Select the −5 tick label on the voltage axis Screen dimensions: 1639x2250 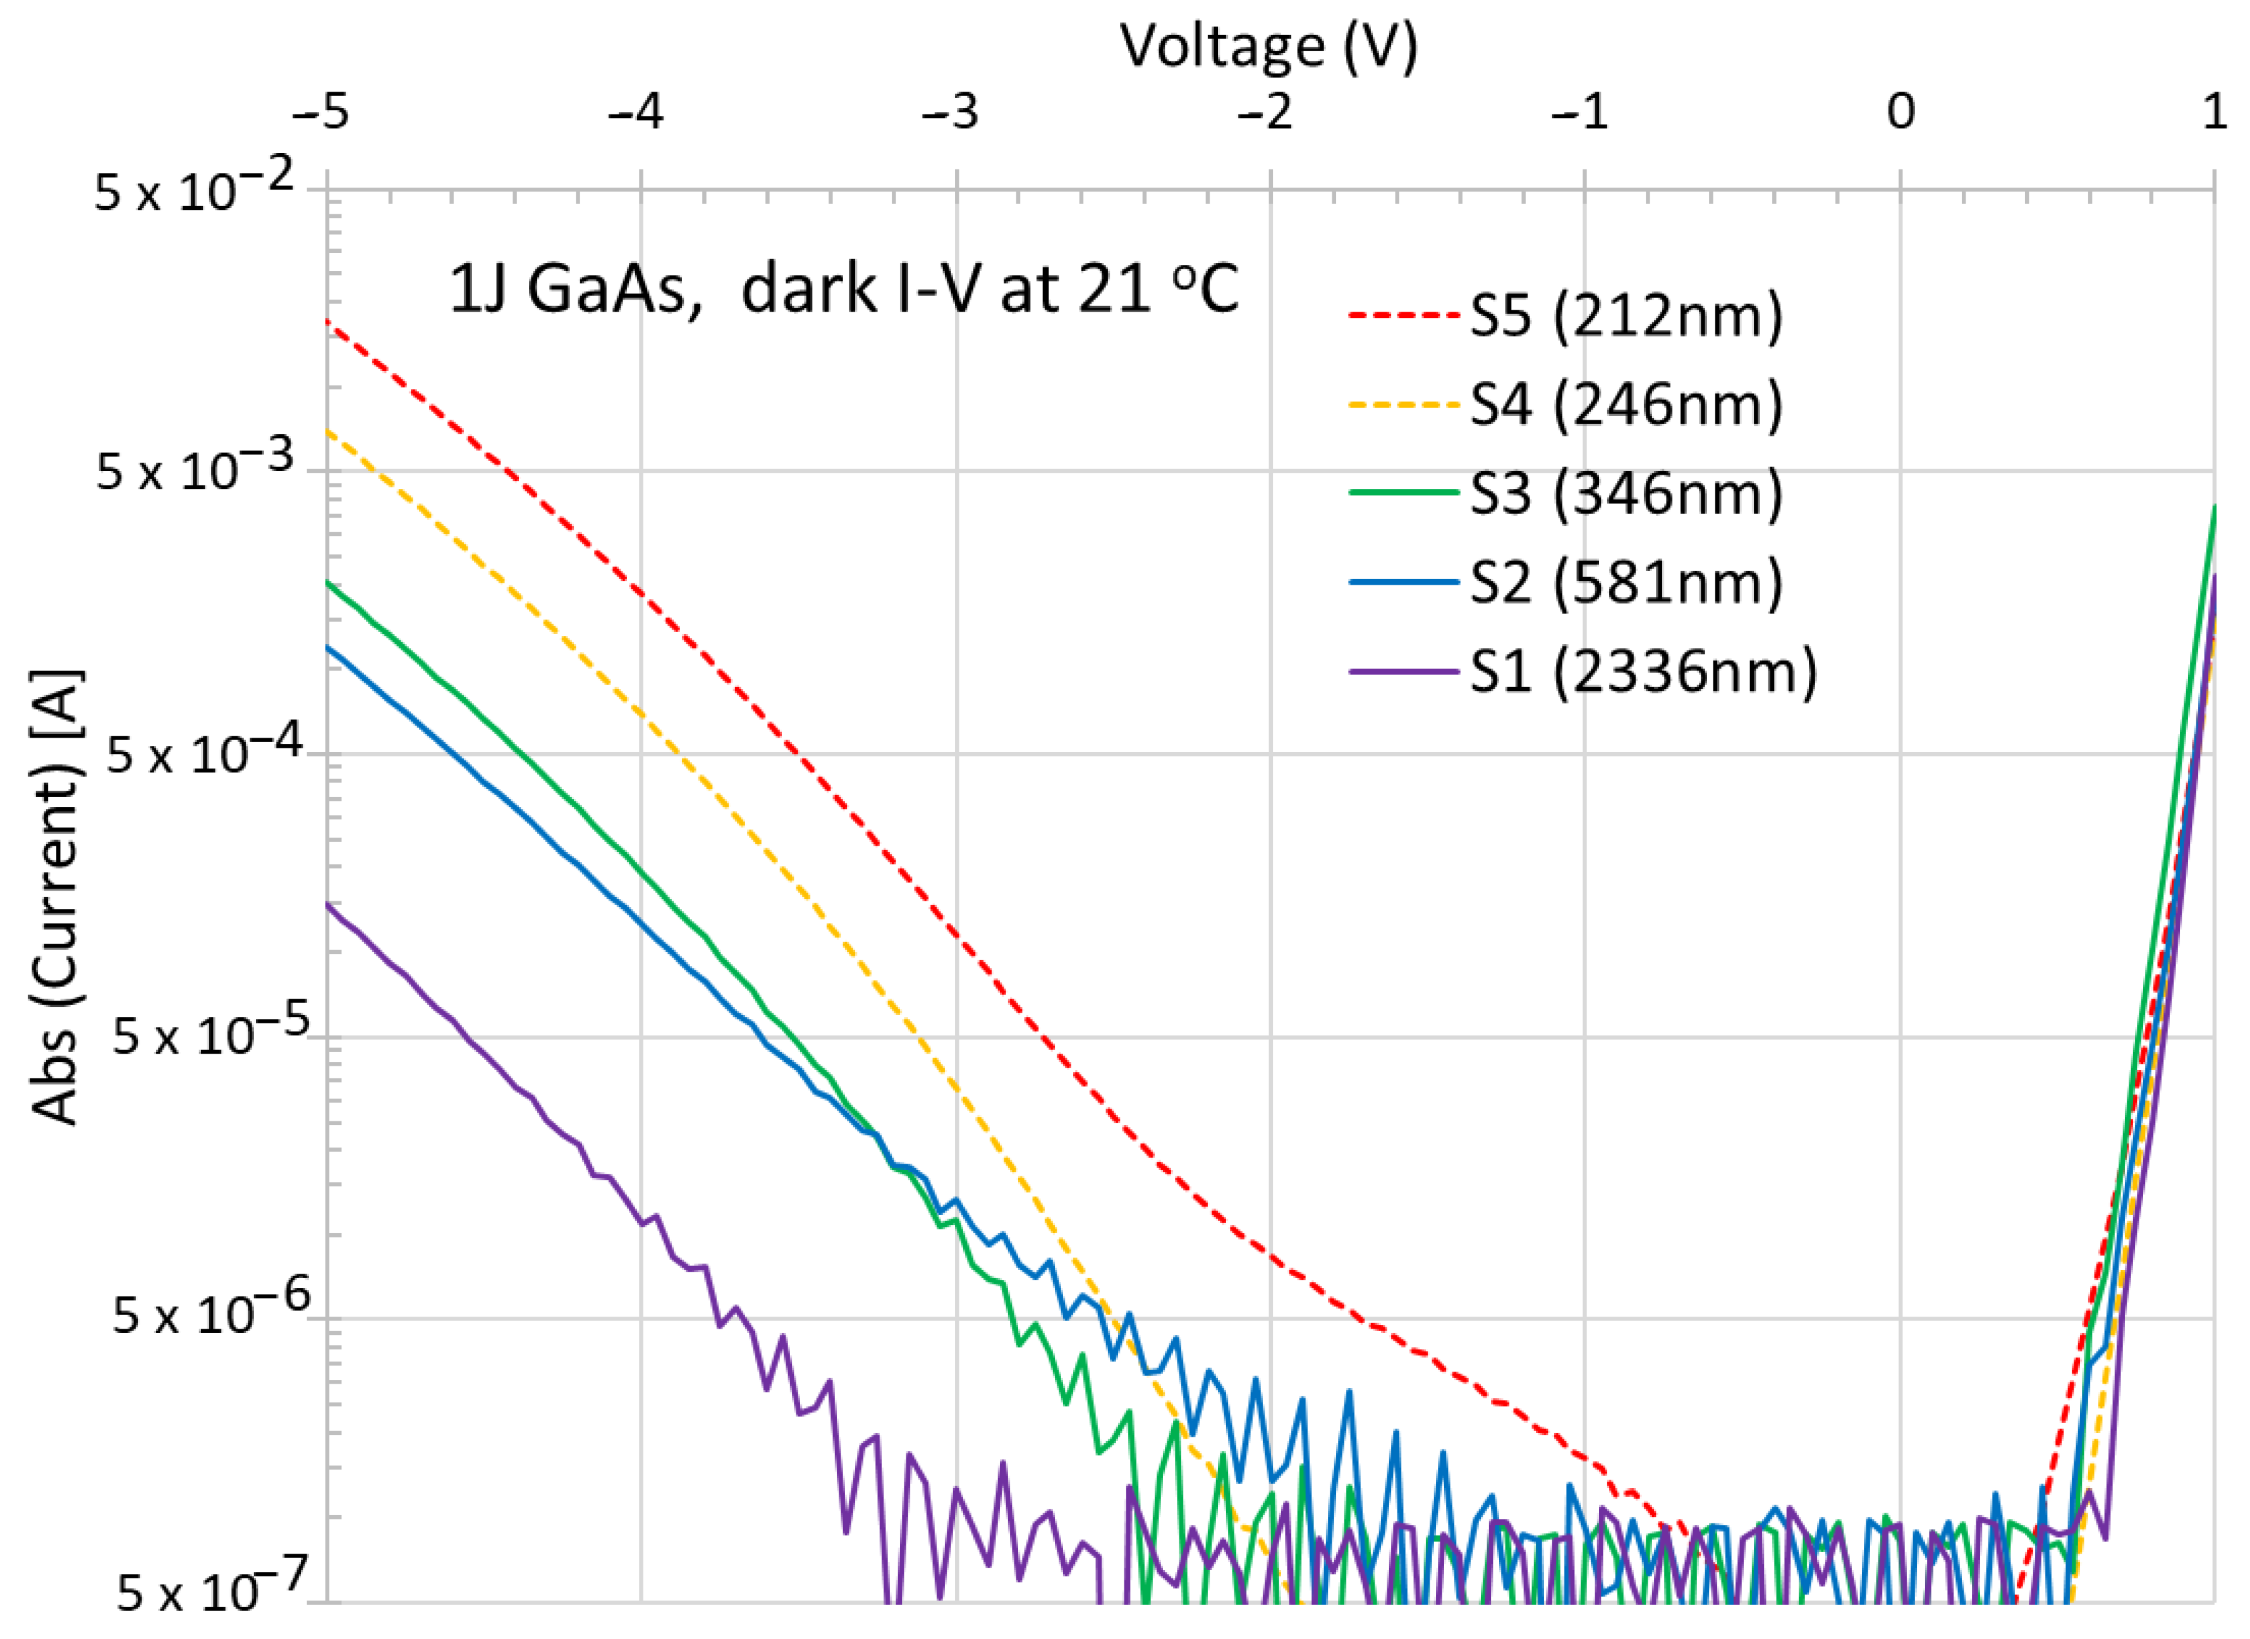click(320, 112)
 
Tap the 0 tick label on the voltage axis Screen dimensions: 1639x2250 click(1900, 112)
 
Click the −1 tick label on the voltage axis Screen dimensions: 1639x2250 click(1579, 112)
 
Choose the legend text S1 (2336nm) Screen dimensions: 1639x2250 click(1643, 672)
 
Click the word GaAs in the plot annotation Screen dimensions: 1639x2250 click(607, 289)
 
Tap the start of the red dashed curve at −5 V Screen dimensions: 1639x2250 click(329, 322)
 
